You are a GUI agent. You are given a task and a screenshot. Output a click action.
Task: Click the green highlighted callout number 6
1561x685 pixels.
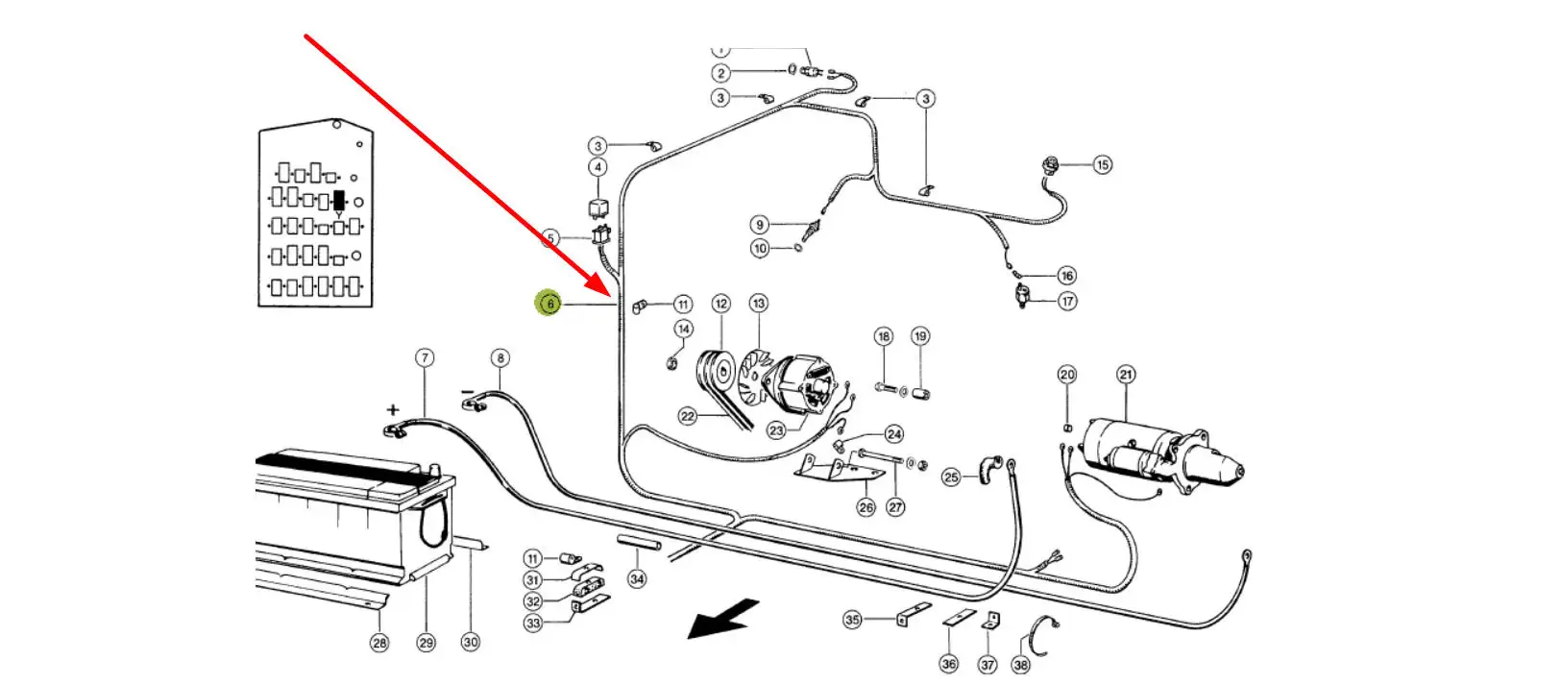tap(549, 304)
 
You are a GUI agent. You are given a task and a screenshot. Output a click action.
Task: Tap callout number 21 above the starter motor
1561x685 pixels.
tap(1126, 374)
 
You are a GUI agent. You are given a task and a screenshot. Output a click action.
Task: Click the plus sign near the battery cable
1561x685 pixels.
tap(392, 409)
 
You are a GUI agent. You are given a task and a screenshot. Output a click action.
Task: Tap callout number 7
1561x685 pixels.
tap(425, 358)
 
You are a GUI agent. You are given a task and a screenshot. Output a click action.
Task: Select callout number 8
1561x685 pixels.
tap(500, 358)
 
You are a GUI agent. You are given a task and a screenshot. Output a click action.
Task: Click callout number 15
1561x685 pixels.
tap(1102, 164)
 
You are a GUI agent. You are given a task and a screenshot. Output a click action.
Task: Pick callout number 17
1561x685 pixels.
tap(1067, 301)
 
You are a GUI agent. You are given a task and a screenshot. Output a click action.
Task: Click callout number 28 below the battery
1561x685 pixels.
tap(379, 643)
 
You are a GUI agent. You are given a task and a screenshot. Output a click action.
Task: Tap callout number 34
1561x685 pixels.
tap(637, 578)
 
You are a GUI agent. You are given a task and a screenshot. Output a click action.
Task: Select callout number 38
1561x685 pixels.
tap(1020, 664)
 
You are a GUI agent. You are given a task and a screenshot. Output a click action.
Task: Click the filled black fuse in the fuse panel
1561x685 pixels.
tap(337, 201)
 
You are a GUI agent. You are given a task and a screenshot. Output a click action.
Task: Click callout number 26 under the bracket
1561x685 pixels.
tap(866, 506)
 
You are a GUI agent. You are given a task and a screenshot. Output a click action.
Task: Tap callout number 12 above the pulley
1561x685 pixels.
tap(721, 304)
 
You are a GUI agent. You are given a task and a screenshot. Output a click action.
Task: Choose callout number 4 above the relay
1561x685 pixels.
tap(598, 167)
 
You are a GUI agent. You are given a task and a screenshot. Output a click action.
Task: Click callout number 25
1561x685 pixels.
tap(951, 477)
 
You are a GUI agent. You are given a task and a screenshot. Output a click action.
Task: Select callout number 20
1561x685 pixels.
tap(1067, 374)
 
